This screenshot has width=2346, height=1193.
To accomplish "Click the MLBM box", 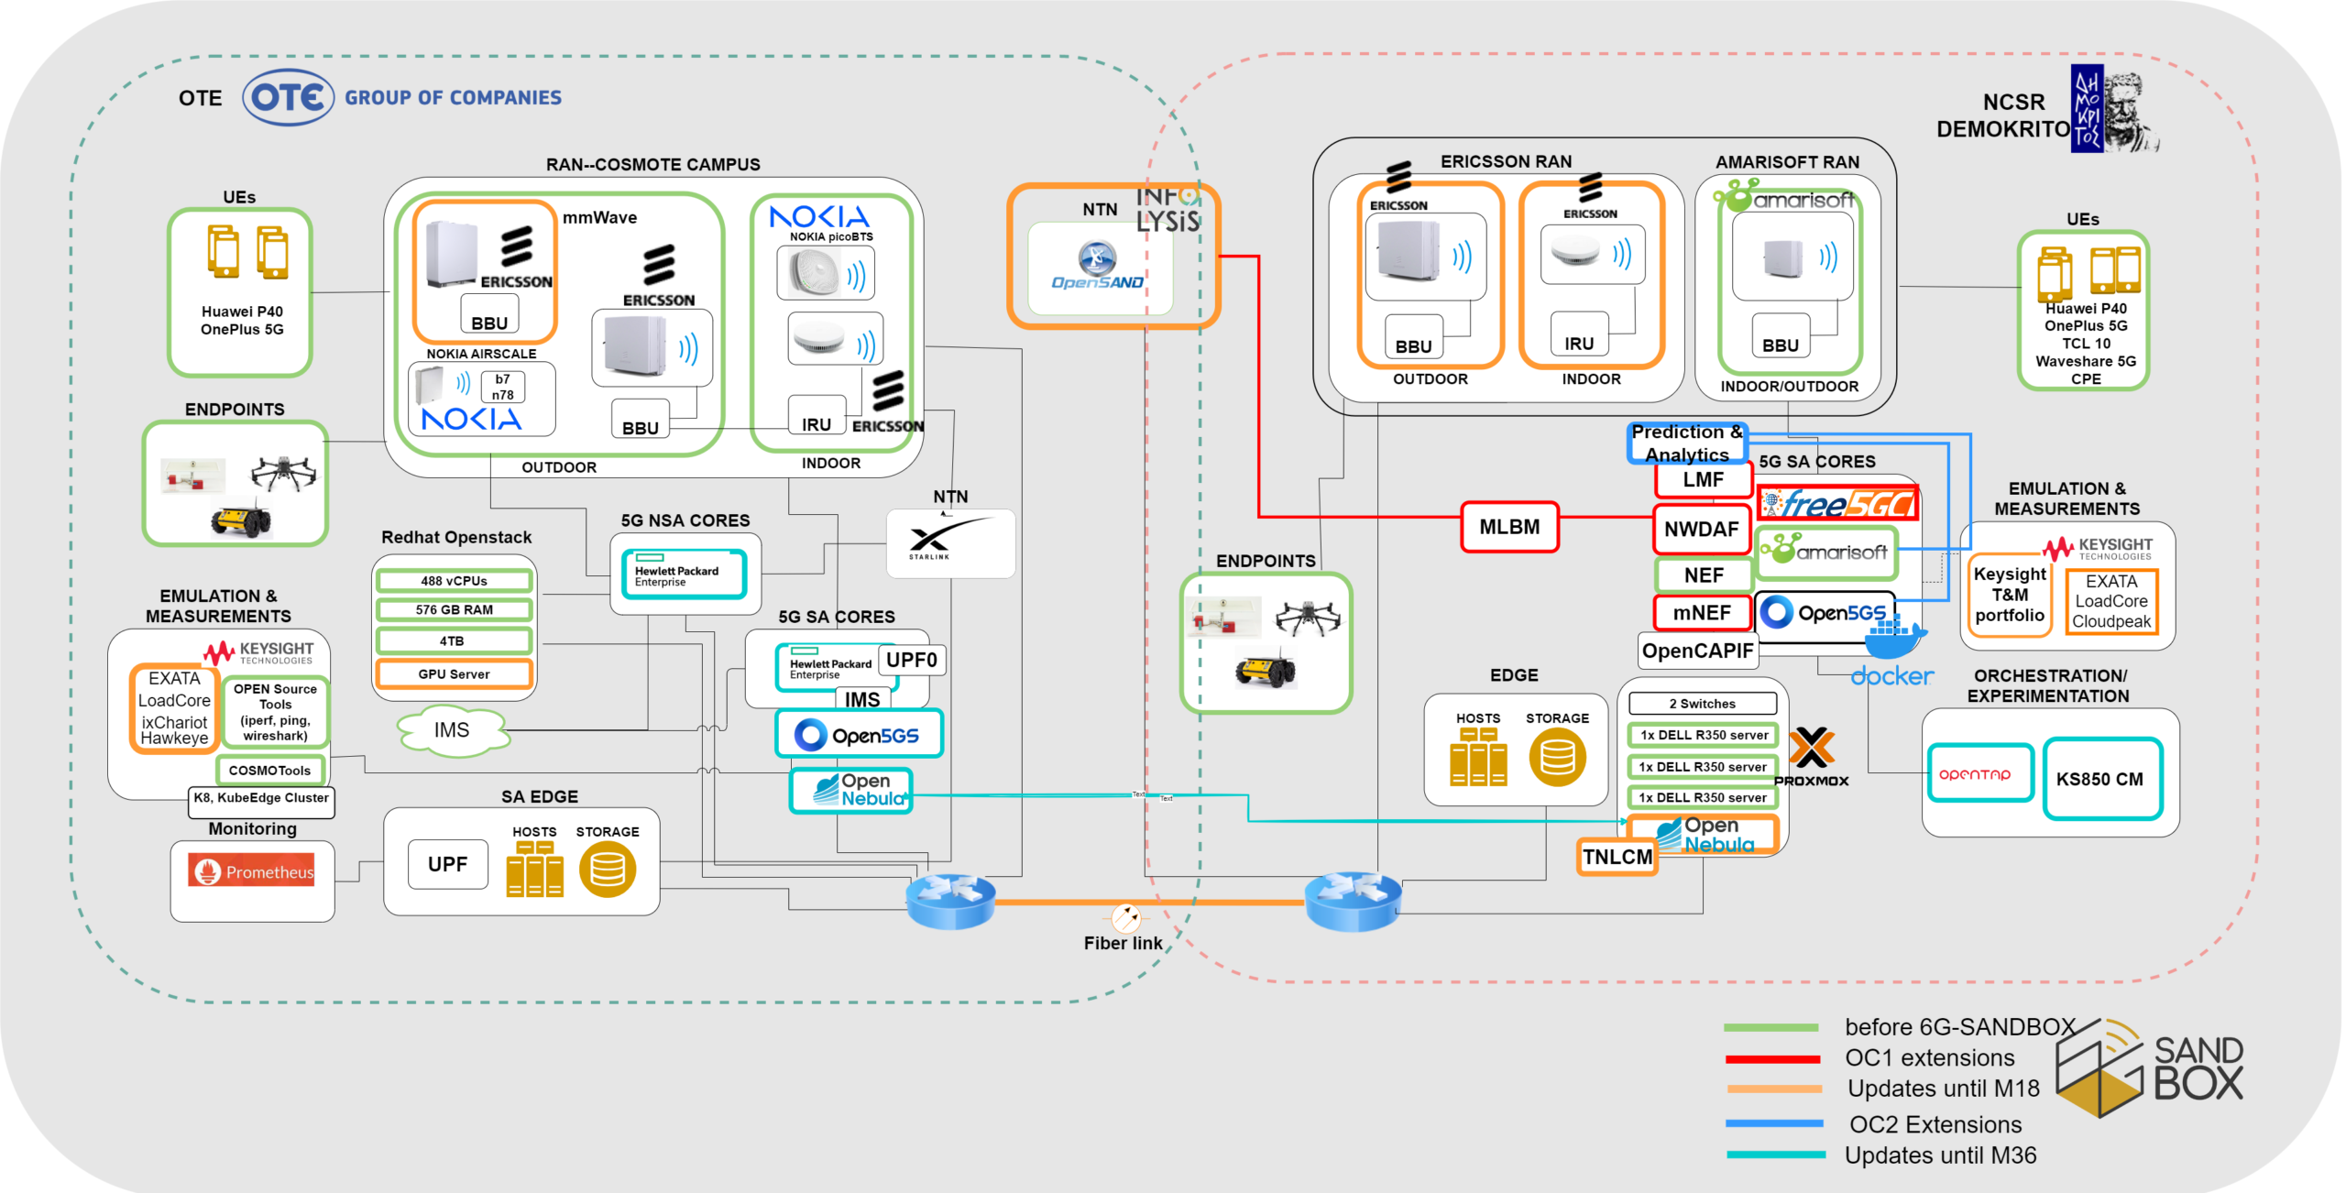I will coord(1509,527).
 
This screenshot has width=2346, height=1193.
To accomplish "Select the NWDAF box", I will coord(1702,529).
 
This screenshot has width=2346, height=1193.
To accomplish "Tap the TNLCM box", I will coord(1617,857).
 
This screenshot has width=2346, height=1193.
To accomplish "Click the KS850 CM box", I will coord(2102,779).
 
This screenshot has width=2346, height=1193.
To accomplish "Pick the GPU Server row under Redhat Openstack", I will coord(454,674).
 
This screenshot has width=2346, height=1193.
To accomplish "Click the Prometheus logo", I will coord(252,871).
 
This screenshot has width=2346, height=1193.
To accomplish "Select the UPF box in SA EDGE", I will coord(447,864).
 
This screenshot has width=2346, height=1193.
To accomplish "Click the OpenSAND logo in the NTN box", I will coord(1098,266).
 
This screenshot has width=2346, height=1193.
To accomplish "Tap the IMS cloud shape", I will coord(452,730).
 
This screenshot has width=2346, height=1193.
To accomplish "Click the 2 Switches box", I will coord(1702,704).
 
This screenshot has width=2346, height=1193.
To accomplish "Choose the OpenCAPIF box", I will coord(1697,651).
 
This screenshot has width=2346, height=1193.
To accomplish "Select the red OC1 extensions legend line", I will coord(1772,1059).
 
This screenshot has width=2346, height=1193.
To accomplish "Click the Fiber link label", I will coord(1123,943).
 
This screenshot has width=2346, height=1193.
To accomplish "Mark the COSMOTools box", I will coord(269,771).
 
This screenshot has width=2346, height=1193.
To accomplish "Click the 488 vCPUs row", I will coord(454,581).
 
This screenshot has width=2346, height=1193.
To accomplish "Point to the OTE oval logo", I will coord(288,97).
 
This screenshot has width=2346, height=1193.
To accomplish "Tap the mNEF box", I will coord(1702,612).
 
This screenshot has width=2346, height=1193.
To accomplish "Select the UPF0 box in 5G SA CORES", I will coord(912,660).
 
